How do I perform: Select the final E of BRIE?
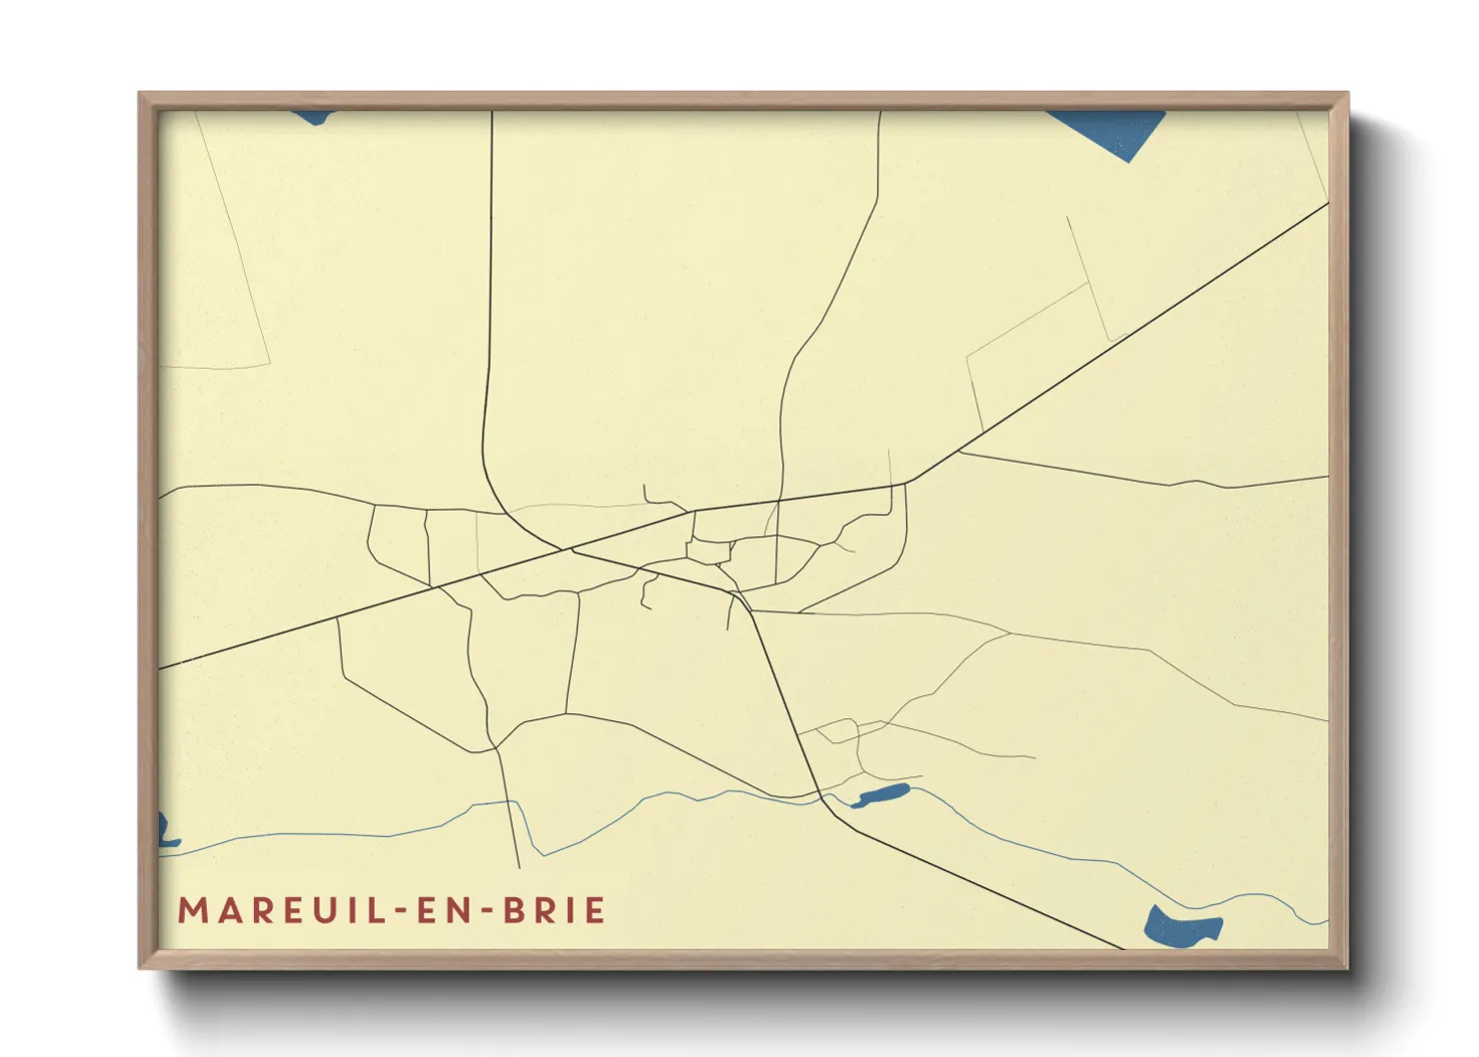click(596, 911)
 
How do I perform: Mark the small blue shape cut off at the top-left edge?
click(312, 117)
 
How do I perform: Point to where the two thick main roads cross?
click(572, 548)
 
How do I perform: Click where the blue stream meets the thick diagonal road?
click(822, 796)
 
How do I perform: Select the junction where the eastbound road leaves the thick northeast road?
click(959, 453)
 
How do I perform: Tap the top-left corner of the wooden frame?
click(141, 95)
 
